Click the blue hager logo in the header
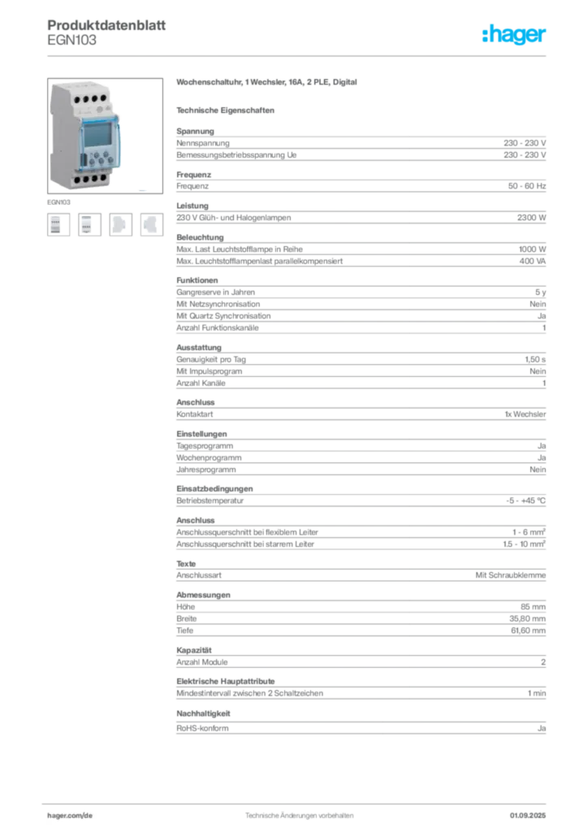[x=515, y=35]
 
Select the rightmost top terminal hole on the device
[x=103, y=99]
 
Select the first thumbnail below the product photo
[x=56, y=224]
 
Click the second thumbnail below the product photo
[x=89, y=224]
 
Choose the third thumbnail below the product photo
[x=120, y=224]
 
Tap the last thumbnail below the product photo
[x=152, y=224]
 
